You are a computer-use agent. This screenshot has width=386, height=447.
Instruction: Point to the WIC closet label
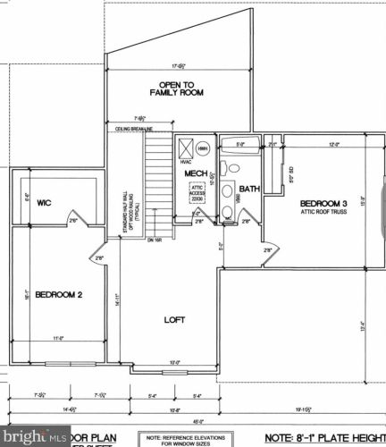44,202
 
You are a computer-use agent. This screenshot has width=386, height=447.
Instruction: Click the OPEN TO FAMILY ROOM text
175,88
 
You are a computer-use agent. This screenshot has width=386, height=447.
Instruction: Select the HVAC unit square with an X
186,148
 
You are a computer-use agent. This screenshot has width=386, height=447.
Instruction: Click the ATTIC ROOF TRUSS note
323,212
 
